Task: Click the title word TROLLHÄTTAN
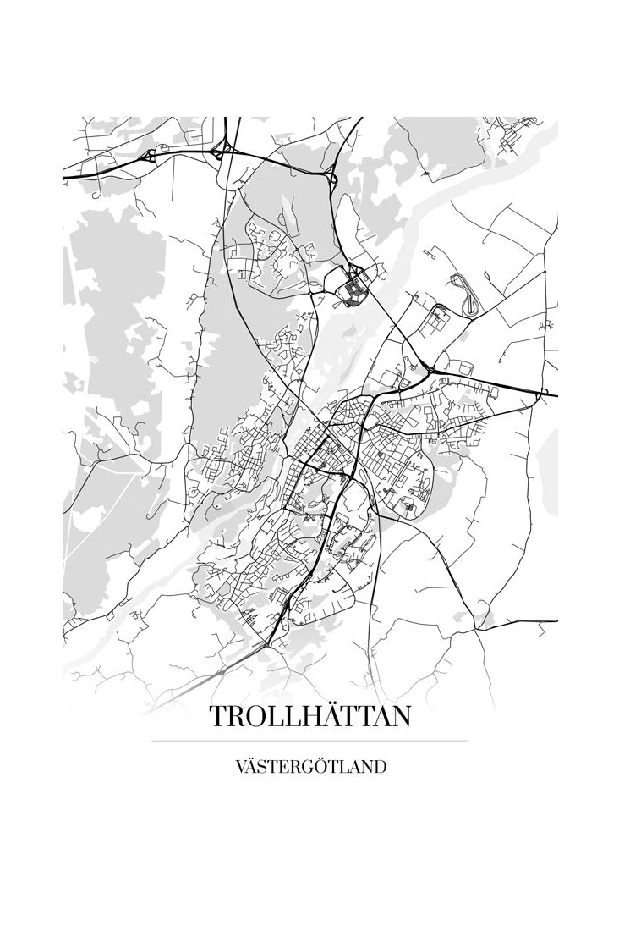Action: (310, 716)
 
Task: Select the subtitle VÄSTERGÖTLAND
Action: (310, 768)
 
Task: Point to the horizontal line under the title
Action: (310, 741)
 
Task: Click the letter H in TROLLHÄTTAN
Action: (298, 716)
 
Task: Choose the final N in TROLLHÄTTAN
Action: (400, 716)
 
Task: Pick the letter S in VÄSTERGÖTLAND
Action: (265, 768)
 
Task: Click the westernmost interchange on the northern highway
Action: (151, 155)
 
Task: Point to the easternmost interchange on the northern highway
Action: (331, 178)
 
